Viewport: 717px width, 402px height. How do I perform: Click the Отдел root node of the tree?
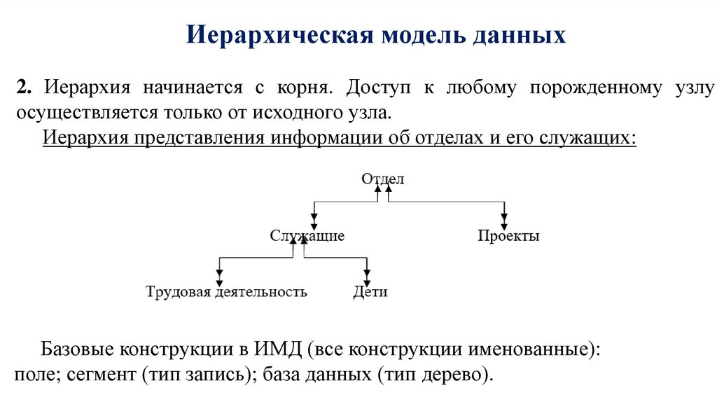pos(383,179)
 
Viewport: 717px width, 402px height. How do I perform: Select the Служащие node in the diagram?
pos(307,236)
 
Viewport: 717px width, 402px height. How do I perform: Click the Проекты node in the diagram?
pos(508,236)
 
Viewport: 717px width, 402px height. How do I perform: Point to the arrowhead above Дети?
pos(366,274)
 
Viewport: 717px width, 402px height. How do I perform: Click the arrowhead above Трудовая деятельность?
pos(220,274)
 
